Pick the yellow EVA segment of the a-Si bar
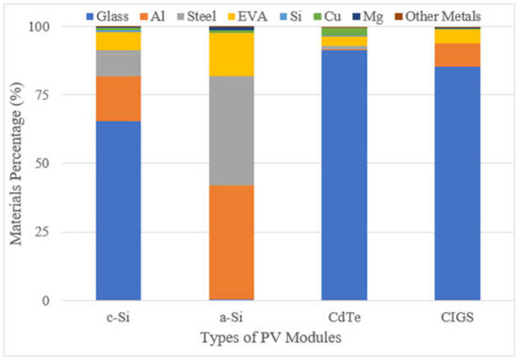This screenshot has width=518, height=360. point(231,54)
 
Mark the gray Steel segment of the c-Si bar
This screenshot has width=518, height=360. point(119,63)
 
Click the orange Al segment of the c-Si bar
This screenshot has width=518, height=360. point(119,98)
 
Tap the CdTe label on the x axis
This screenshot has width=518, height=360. point(344,317)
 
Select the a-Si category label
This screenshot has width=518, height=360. point(231,317)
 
